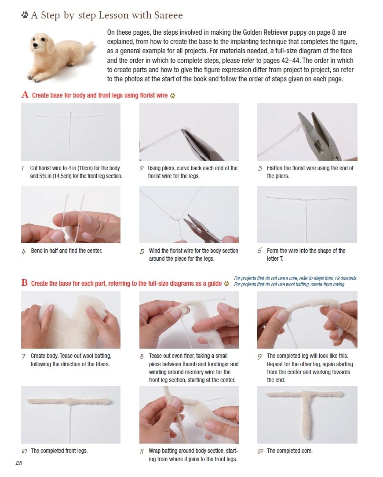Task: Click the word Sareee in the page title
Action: (x=168, y=15)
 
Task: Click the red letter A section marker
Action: (x=25, y=95)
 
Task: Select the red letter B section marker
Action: (x=25, y=283)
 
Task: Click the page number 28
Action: (x=18, y=463)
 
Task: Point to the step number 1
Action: (x=23, y=168)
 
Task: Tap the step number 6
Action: (x=259, y=250)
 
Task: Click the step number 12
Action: (x=260, y=451)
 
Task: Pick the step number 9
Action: (x=259, y=357)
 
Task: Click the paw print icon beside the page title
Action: (x=25, y=15)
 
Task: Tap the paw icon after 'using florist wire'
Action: (x=172, y=95)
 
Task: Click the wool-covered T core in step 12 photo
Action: (x=306, y=408)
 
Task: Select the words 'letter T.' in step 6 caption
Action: (x=275, y=259)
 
